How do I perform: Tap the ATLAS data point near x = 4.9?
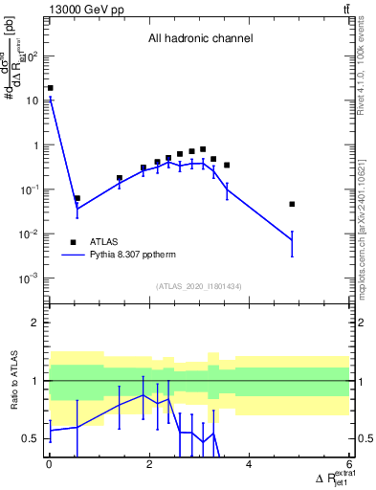pyautogui.click(x=292, y=204)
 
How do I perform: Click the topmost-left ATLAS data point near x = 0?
pyautogui.click(x=50, y=88)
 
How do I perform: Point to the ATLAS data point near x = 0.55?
pyautogui.click(x=77, y=198)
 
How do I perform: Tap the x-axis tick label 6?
pyautogui.click(x=349, y=464)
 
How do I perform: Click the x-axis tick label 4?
pyautogui.click(x=249, y=464)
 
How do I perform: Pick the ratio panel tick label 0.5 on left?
pyautogui.click(x=31, y=438)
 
